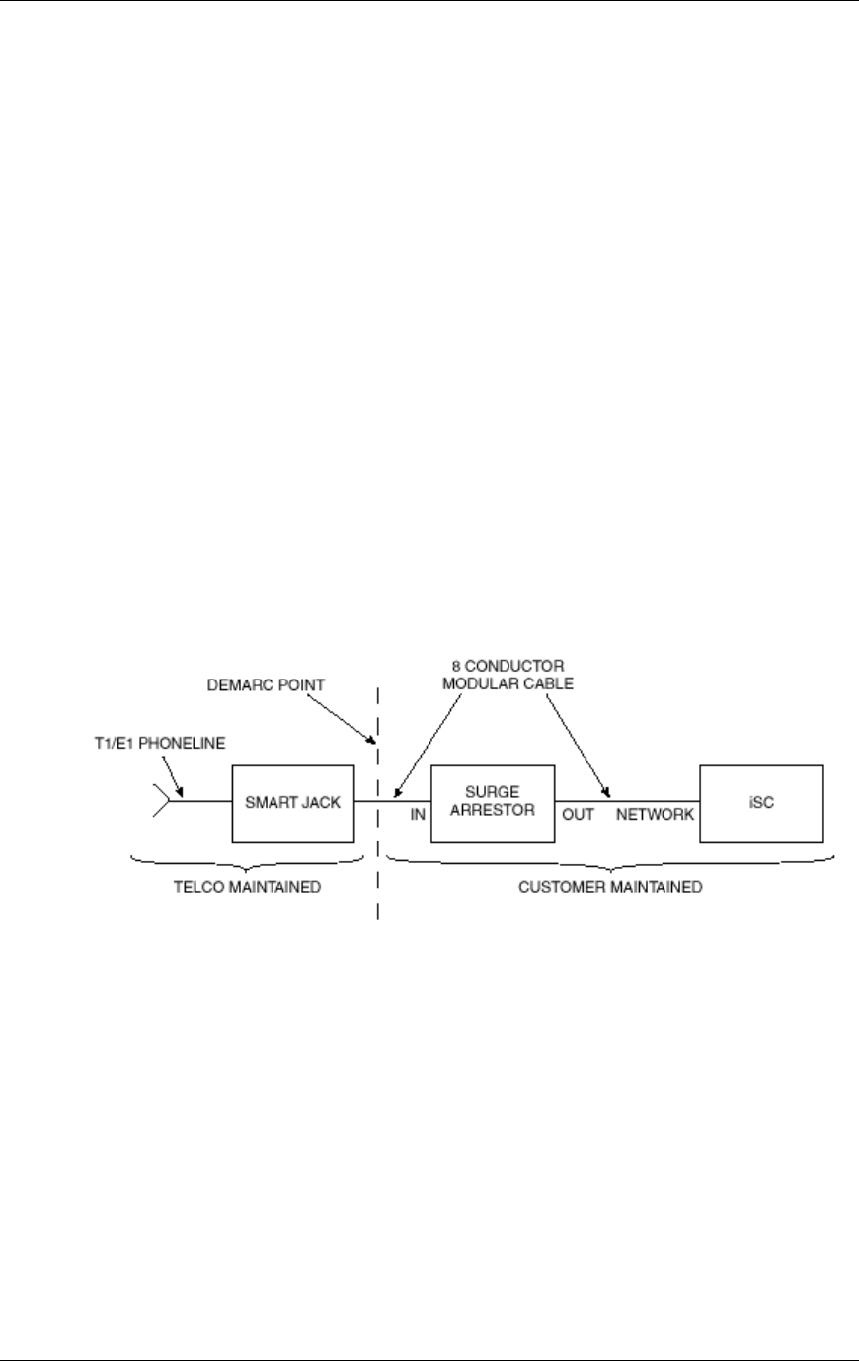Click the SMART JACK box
pyautogui.click(x=292, y=802)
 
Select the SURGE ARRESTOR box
pyautogui.click(x=492, y=802)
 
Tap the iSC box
pyautogui.click(x=761, y=802)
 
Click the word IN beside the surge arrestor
pyautogui.click(x=418, y=816)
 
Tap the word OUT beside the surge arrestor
pyautogui.click(x=579, y=816)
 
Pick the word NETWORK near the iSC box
pyautogui.click(x=656, y=816)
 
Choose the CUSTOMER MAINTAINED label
pyautogui.click(x=610, y=887)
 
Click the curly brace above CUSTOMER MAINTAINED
pyautogui.click(x=610, y=862)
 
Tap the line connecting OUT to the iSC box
pyautogui.click(x=652, y=801)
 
